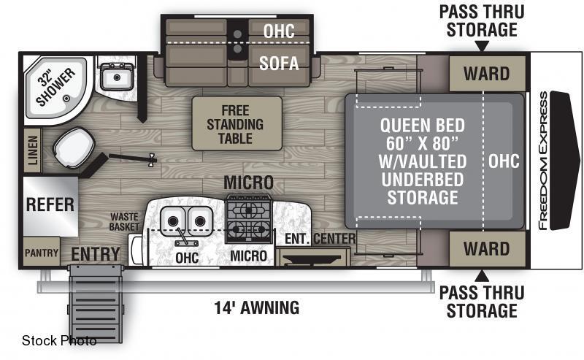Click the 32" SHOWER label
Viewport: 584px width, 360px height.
(x=55, y=87)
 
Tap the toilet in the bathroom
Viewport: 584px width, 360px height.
(x=74, y=148)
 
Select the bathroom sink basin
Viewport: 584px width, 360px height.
(x=117, y=77)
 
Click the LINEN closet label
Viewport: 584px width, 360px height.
(x=33, y=150)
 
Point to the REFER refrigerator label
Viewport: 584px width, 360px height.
(x=50, y=204)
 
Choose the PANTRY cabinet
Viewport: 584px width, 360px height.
(x=42, y=253)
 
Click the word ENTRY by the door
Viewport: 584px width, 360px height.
(x=96, y=254)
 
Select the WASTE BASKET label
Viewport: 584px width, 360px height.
(x=124, y=222)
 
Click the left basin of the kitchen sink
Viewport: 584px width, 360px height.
(x=172, y=221)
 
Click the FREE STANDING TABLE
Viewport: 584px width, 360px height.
(x=237, y=123)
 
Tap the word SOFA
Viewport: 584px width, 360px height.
(x=279, y=63)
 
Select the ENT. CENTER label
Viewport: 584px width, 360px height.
(x=320, y=239)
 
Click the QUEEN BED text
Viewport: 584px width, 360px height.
(x=423, y=125)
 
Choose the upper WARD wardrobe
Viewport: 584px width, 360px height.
(x=487, y=74)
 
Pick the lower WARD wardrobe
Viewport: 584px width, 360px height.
(x=487, y=248)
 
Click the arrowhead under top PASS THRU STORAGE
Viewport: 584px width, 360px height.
(x=482, y=46)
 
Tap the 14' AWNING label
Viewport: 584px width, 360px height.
(x=257, y=308)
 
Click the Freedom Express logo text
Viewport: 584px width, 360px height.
(x=543, y=161)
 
